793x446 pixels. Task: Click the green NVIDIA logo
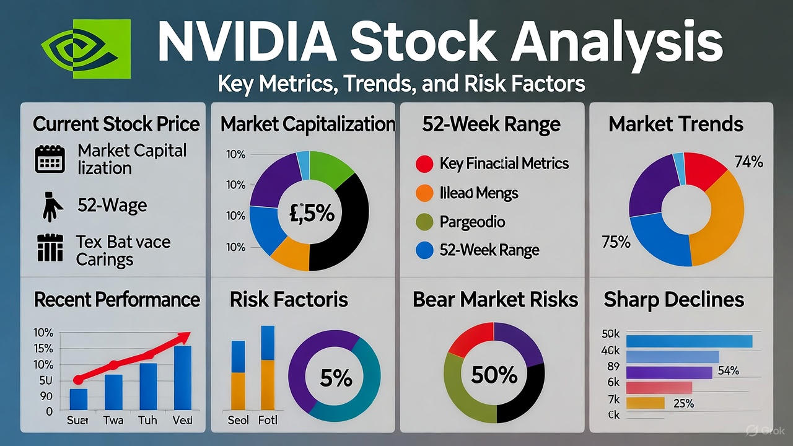click(86, 48)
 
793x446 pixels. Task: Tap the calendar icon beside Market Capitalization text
click(50, 159)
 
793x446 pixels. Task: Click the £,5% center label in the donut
click(309, 213)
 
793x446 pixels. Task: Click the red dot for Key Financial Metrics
click(424, 164)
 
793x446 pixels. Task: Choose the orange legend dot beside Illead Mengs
click(424, 193)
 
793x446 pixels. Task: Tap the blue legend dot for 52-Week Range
click(424, 250)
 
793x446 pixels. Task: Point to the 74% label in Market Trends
click(748, 162)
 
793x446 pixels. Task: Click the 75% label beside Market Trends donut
click(616, 242)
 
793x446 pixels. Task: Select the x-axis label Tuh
click(148, 420)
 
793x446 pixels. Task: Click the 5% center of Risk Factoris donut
click(335, 378)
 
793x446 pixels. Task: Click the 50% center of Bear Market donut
click(494, 374)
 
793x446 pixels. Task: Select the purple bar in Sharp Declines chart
click(669, 372)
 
